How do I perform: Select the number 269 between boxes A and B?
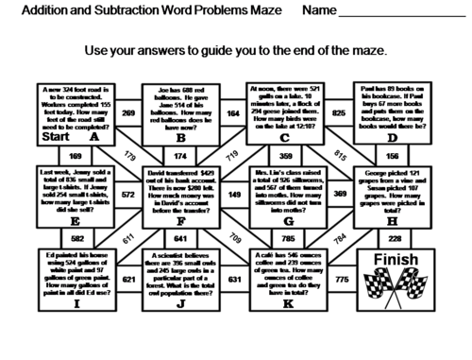(x=128, y=112)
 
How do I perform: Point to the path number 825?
(x=339, y=112)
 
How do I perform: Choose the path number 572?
(x=128, y=195)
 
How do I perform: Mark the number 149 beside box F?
(x=233, y=195)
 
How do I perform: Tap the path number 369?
(x=339, y=195)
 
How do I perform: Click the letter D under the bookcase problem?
(x=393, y=138)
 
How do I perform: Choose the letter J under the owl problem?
(x=180, y=304)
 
